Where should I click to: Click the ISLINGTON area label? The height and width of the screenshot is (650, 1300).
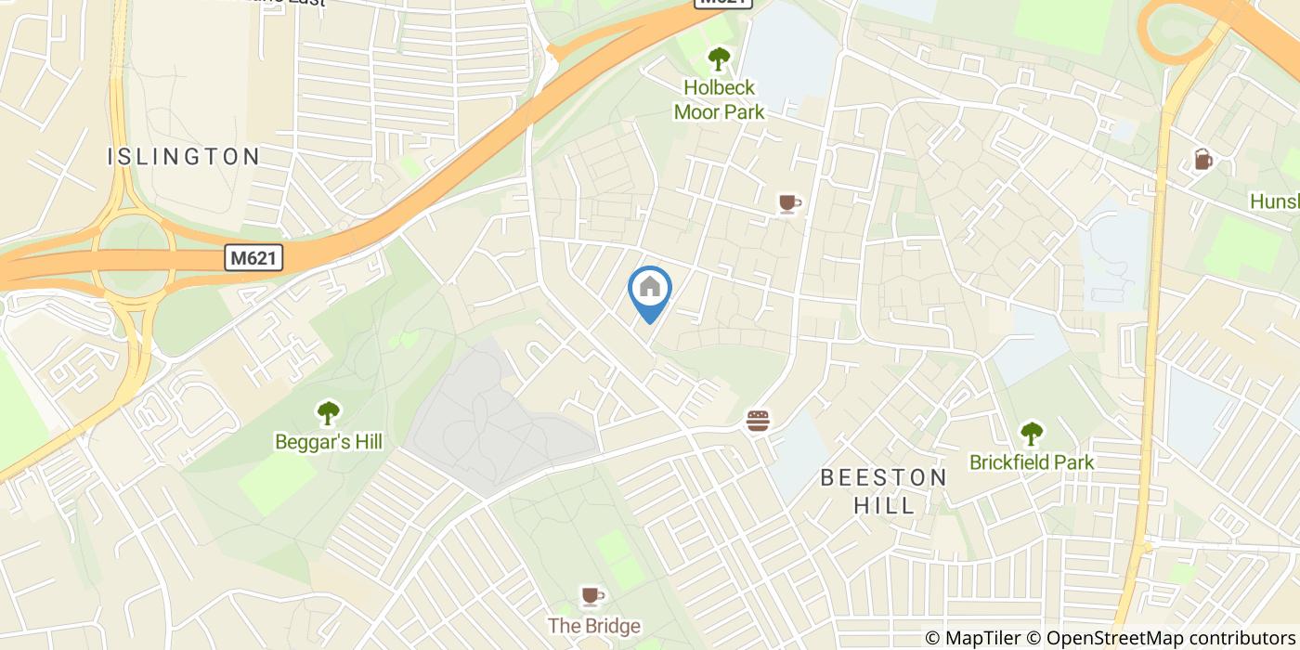pyautogui.click(x=184, y=156)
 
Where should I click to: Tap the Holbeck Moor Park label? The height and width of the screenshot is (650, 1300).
pyautogui.click(x=719, y=100)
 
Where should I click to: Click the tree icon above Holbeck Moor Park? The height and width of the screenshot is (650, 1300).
pyautogui.click(x=718, y=59)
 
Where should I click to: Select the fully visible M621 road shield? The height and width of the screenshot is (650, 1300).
pyautogui.click(x=253, y=258)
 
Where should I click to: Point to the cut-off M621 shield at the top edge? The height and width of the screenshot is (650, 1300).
pyautogui.click(x=723, y=3)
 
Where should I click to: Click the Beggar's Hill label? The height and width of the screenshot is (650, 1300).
pyautogui.click(x=329, y=441)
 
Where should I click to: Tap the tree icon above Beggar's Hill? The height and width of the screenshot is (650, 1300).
pyautogui.click(x=328, y=411)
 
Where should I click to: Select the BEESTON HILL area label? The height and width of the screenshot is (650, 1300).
pyautogui.click(x=884, y=491)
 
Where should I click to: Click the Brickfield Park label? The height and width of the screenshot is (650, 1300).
pyautogui.click(x=1032, y=461)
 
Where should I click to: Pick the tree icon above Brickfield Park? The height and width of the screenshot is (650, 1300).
pyautogui.click(x=1031, y=432)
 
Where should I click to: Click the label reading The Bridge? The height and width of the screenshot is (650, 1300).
pyautogui.click(x=593, y=626)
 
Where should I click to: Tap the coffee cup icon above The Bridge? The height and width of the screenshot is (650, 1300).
pyautogui.click(x=591, y=595)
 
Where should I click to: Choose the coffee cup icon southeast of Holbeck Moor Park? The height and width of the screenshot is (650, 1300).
pyautogui.click(x=788, y=203)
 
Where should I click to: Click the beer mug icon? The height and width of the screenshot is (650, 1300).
pyautogui.click(x=1203, y=160)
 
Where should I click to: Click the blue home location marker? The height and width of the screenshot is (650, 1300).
pyautogui.click(x=650, y=289)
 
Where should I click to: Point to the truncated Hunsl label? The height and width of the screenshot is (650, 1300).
pyautogui.click(x=1274, y=201)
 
